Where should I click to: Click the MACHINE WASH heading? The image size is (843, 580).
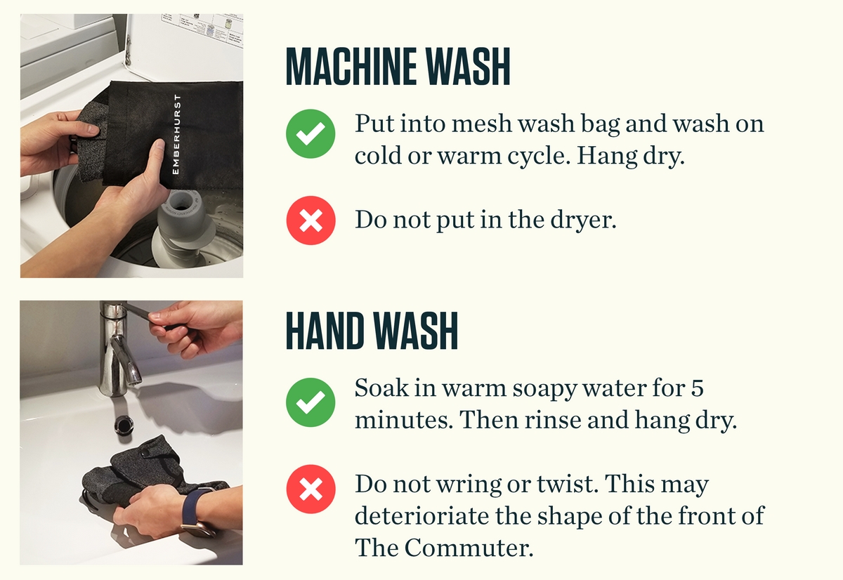[398, 67]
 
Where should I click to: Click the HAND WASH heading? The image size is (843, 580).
[372, 331]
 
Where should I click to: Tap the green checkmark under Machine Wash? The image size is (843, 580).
[311, 133]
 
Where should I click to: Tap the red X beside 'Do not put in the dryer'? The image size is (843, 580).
[311, 220]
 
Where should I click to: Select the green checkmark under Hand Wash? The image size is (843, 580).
[311, 402]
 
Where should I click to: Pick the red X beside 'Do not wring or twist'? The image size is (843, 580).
[311, 489]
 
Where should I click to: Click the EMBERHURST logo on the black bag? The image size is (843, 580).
[176, 134]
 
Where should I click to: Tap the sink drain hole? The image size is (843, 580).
[124, 426]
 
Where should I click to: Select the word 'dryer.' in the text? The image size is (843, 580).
[583, 220]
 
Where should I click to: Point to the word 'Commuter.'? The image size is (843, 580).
[469, 548]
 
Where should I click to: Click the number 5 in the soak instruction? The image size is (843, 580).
[697, 388]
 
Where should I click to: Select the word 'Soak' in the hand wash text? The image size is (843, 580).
[381, 388]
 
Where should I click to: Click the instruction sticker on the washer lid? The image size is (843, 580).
[202, 30]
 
